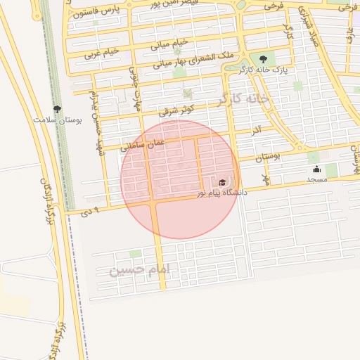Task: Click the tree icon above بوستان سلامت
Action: pos(57,109)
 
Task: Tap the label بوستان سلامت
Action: pos(58,120)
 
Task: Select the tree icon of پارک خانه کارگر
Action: pos(263,59)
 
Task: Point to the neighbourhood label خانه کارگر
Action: pos(243,99)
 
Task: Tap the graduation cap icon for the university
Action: pos(222,183)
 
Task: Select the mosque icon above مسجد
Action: pos(316,169)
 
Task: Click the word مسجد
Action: pos(316,180)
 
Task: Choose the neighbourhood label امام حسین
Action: pos(141,270)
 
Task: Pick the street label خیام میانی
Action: pos(169,45)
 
